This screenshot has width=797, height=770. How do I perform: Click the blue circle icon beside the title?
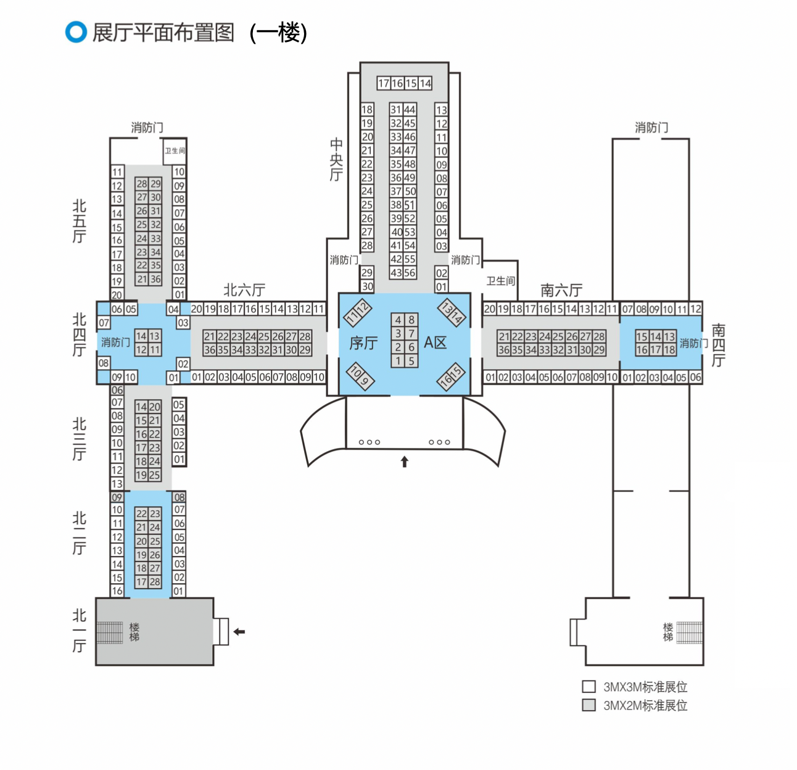coord(76,32)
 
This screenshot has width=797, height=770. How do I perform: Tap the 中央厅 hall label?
coord(336,160)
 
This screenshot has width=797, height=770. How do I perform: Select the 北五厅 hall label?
coord(79,221)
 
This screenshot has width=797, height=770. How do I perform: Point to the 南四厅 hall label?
coord(719,345)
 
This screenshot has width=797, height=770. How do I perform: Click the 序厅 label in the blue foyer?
coord(363,343)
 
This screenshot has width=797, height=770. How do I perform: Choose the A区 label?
coord(435,343)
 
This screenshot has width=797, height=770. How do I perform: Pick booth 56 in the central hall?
coord(410,273)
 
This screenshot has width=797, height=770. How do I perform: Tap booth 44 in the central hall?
coord(410,110)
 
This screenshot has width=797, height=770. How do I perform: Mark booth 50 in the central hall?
coord(410,191)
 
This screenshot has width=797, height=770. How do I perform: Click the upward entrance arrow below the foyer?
coord(405,462)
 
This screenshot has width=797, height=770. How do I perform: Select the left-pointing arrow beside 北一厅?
coord(239,631)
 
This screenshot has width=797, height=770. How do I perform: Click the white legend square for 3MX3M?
coord(589,687)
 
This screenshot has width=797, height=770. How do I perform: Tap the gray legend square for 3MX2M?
coord(589,705)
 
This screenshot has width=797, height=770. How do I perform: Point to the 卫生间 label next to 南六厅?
coord(500,281)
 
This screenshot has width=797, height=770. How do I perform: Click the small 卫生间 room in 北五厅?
coord(175,151)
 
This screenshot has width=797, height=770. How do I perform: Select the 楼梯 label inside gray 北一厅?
coord(134,632)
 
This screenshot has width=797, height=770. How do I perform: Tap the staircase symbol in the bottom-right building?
coord(689,632)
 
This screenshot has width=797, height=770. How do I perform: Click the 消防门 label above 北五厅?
coord(147,128)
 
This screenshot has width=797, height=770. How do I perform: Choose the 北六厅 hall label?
coord(244,290)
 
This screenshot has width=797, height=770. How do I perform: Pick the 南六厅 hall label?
coord(561,290)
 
